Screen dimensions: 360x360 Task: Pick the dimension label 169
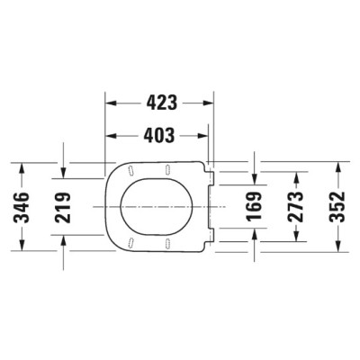click(255, 209)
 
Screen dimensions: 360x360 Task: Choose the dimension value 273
click(296, 209)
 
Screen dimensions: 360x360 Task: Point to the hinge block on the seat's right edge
click(210, 208)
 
